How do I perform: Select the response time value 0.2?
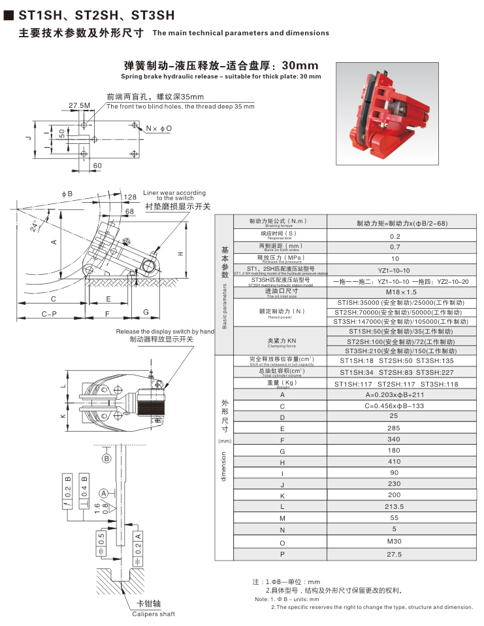[395, 236]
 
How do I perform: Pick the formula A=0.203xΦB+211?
[395, 394]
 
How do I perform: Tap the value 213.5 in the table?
[395, 506]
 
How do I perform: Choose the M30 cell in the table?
[395, 541]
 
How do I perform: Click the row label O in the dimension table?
[282, 542]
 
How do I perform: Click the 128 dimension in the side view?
[130, 196]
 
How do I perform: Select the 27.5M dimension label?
[79, 105]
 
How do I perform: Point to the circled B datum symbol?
[106, 459]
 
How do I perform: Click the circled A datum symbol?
[103, 492]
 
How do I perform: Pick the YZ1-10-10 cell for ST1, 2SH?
[395, 270]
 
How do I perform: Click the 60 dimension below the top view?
[98, 166]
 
